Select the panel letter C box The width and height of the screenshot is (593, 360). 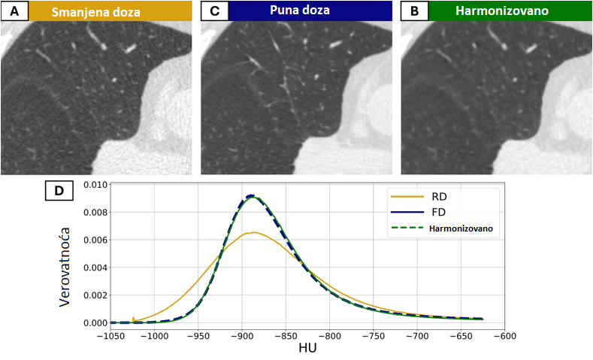point(214,11)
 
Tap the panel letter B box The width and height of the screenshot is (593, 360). point(414,11)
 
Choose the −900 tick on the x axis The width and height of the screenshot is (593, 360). point(243,336)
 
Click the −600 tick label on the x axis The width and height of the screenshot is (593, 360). point(504,336)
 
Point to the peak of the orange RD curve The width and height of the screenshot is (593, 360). point(253,232)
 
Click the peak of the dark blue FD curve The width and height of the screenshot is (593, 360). point(253,195)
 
